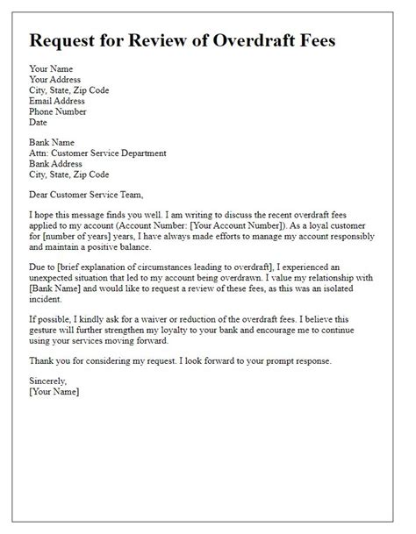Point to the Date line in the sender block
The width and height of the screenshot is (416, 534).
pyautogui.click(x=40, y=123)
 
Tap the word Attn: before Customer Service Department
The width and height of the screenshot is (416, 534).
pyautogui.click(x=42, y=153)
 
